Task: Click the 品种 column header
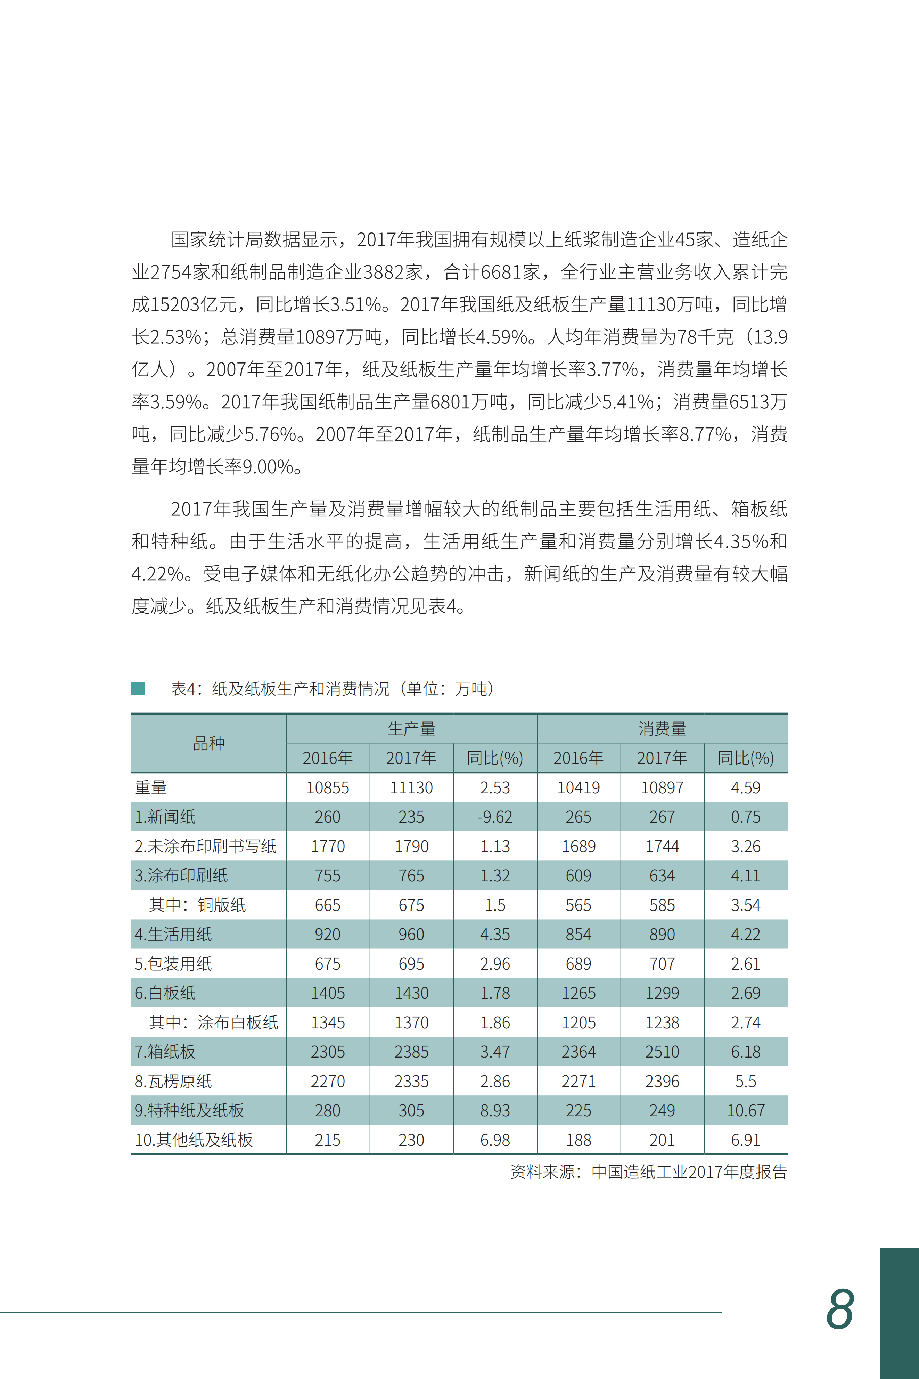coord(209,743)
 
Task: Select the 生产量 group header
coord(411,728)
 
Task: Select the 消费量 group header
coord(662,728)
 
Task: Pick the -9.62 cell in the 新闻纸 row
coord(495,817)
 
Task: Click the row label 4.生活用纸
coord(173,934)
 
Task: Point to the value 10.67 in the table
coord(746,1111)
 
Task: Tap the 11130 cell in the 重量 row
coord(411,788)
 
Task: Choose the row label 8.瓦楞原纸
coord(173,1081)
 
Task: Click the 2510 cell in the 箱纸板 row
coord(662,1052)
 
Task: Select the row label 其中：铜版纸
coord(197,905)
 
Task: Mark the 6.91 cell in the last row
coord(746,1140)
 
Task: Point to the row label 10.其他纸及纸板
coord(194,1140)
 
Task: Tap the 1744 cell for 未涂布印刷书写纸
coord(662,846)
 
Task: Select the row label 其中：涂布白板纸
coord(213,1023)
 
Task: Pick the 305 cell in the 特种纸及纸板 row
coord(411,1111)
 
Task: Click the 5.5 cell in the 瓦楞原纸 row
coord(746,1081)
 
